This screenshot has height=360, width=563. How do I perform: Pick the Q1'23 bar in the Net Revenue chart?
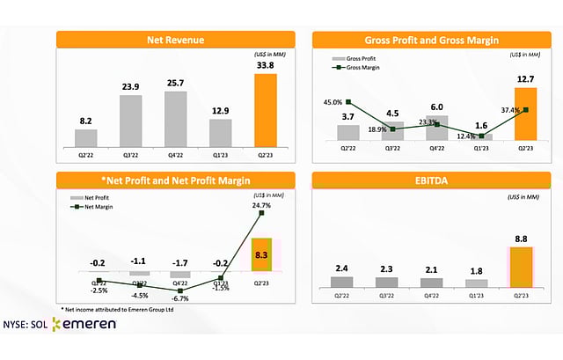(x=220, y=131)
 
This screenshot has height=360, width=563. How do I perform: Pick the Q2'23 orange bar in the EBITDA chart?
(x=521, y=267)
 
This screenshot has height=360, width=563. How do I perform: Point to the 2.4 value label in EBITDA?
(x=344, y=267)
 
